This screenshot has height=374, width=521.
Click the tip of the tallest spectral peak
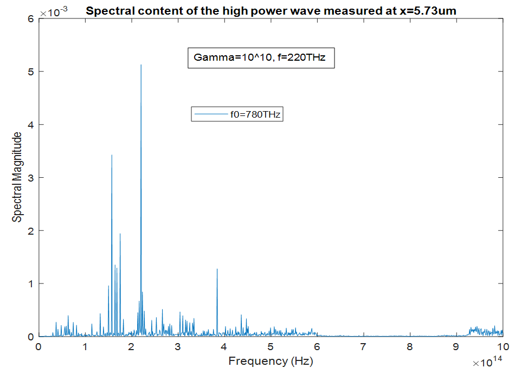[141, 65]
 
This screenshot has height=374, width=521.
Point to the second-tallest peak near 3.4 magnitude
[112, 156]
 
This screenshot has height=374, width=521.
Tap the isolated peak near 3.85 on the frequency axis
[217, 269]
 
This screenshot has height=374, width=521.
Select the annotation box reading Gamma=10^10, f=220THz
[261, 56]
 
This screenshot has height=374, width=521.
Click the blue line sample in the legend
[211, 114]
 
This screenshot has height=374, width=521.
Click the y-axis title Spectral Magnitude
[18, 177]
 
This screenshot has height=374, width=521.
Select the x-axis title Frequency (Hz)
[271, 361]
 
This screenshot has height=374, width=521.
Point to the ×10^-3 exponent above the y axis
[50, 10]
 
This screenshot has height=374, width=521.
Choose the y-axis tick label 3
[31, 177]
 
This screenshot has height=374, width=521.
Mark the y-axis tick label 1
[31, 283]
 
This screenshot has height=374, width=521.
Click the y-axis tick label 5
[31, 72]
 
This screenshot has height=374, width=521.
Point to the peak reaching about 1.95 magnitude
[120, 234]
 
